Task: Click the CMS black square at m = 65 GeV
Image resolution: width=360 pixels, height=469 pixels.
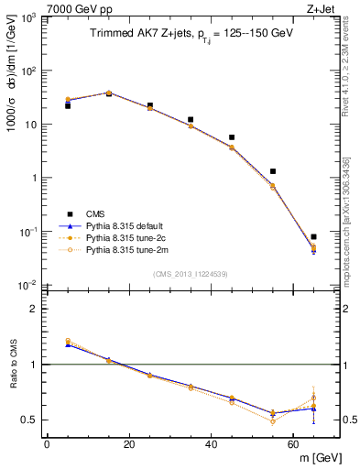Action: point(313,236)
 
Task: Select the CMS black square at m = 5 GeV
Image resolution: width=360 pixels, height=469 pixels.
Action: point(68,105)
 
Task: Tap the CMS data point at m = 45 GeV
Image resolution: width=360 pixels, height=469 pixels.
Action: point(232,137)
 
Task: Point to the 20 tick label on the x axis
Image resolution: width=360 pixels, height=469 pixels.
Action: point(129,444)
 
